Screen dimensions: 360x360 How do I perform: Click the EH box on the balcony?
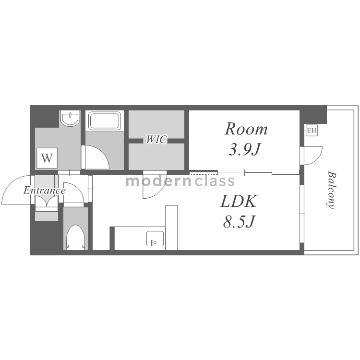tap(312, 131)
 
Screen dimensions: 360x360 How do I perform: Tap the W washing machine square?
tap(47, 158)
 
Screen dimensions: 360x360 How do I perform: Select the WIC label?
tap(156, 139)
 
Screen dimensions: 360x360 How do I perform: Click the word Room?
tap(246, 129)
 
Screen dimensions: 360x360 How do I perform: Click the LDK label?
tap(238, 201)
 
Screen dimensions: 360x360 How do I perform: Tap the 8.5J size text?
tap(239, 221)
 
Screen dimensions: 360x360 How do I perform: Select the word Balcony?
tap(331, 190)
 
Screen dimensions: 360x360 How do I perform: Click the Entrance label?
tap(45, 191)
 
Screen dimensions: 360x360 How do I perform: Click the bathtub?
tap(105, 120)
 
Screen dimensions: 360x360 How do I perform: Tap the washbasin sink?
tap(71, 118)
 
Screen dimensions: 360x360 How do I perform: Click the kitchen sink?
tap(155, 239)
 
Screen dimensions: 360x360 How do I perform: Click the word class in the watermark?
tap(215, 181)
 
